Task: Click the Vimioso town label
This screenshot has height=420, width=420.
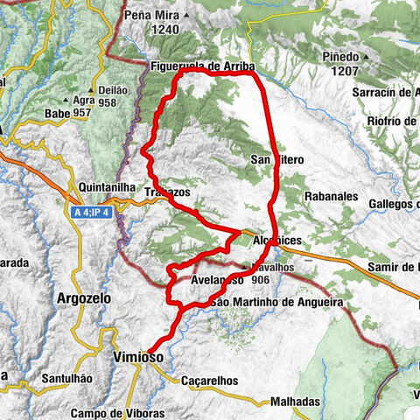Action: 137,357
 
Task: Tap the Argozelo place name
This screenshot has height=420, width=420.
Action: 83,298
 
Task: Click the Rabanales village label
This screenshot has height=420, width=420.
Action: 331,198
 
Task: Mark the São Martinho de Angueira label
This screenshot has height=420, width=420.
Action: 277,303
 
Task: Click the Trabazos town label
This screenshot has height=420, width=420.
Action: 168,192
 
